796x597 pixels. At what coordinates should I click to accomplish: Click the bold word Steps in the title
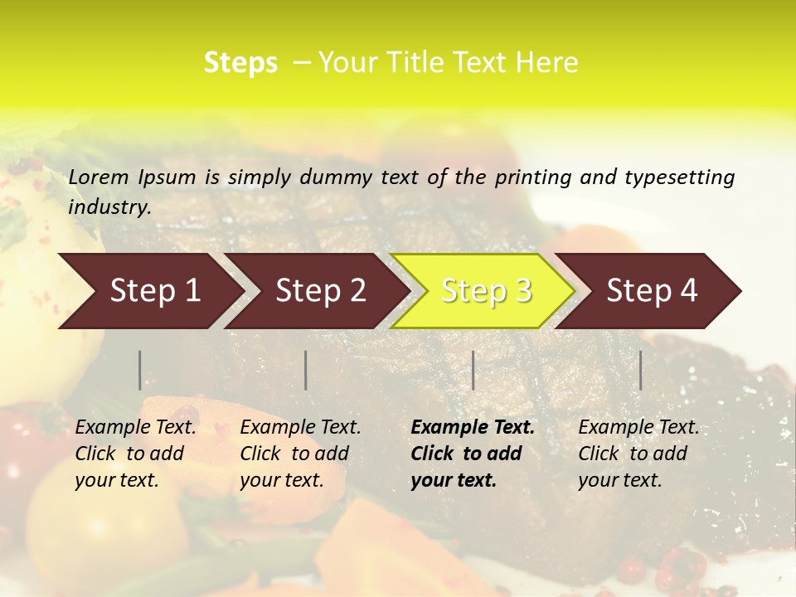[x=240, y=63]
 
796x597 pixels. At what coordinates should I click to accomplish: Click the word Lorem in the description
[x=99, y=177]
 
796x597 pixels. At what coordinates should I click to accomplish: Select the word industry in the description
[x=109, y=206]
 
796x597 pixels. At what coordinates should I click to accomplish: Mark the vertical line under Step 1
[x=140, y=370]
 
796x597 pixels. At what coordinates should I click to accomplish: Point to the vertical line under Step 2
[x=306, y=370]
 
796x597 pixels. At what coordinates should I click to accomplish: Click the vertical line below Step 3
[x=473, y=370]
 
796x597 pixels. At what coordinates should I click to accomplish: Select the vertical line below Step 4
[x=641, y=370]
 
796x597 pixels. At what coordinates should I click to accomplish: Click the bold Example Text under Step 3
[x=473, y=427]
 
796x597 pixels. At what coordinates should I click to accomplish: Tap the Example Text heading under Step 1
[x=135, y=427]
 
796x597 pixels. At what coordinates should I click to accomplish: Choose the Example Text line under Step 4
[x=638, y=427]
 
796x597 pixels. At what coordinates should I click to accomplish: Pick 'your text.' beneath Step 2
[x=281, y=480]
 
